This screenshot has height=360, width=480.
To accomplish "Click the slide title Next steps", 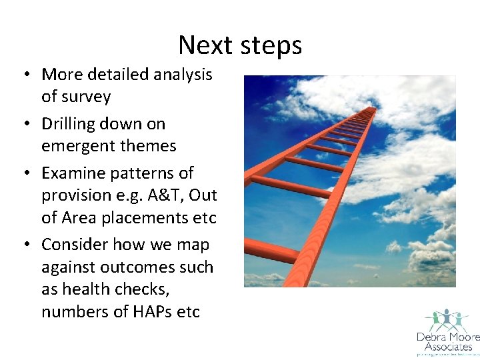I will pos(240,45).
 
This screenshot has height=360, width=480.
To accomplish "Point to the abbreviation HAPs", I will pos(149,312).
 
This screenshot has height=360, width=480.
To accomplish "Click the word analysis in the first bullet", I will pos(183,75).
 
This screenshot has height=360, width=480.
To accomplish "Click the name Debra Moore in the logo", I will pos(444,337).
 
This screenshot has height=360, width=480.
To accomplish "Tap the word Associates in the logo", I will pos(444,347).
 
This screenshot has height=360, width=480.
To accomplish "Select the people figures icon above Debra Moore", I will pos(445,319).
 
